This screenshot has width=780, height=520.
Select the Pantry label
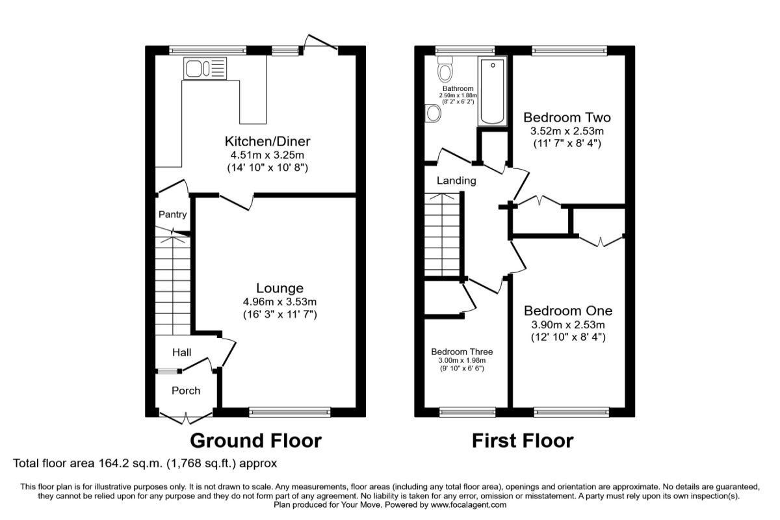click(x=172, y=214)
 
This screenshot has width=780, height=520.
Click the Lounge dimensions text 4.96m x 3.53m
click(x=279, y=302)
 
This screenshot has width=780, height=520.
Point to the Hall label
click(x=181, y=352)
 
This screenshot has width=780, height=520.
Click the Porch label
click(x=185, y=391)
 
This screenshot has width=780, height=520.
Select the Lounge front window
click(x=289, y=411)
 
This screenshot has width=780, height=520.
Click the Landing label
click(x=456, y=181)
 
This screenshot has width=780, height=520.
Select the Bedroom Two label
click(x=567, y=118)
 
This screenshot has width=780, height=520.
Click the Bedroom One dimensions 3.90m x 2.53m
click(x=567, y=324)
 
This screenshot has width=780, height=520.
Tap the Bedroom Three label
click(x=461, y=352)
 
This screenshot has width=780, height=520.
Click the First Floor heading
click(x=522, y=441)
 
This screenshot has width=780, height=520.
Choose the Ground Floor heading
click(x=255, y=441)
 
